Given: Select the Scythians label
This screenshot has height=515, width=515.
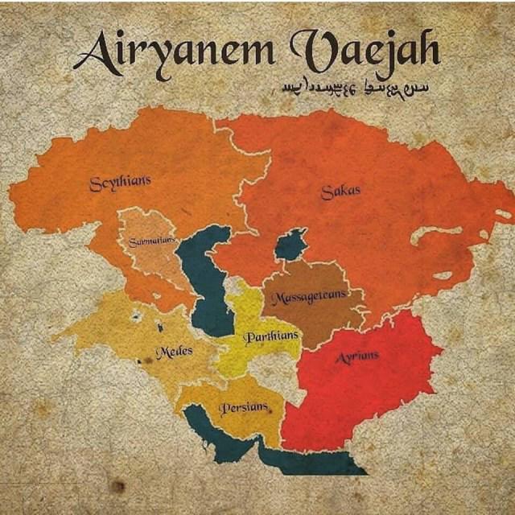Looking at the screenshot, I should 120,183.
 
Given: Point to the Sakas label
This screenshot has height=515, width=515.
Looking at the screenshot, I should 340,192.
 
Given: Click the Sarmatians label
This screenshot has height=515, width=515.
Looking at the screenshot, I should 151,241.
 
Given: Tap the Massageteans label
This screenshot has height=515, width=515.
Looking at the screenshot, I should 310,297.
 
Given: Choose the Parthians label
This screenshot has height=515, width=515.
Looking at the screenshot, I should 271,335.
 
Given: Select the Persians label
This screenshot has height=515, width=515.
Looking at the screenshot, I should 242,408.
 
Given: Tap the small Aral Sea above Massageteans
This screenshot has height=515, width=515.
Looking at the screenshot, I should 290,245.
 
